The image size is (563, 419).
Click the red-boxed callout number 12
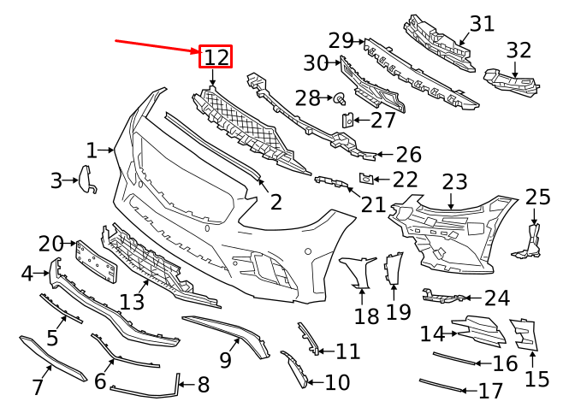click(216, 57)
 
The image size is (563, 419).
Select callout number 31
click(482, 23)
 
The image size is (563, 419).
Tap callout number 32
click(519, 50)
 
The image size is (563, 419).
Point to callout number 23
click(454, 182)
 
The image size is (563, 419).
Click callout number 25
click(538, 198)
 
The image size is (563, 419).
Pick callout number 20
click(51, 244)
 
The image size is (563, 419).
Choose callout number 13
click(133, 301)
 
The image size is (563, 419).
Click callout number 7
click(38, 387)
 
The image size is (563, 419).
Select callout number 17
click(490, 392)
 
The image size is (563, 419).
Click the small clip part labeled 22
click(364, 179)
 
